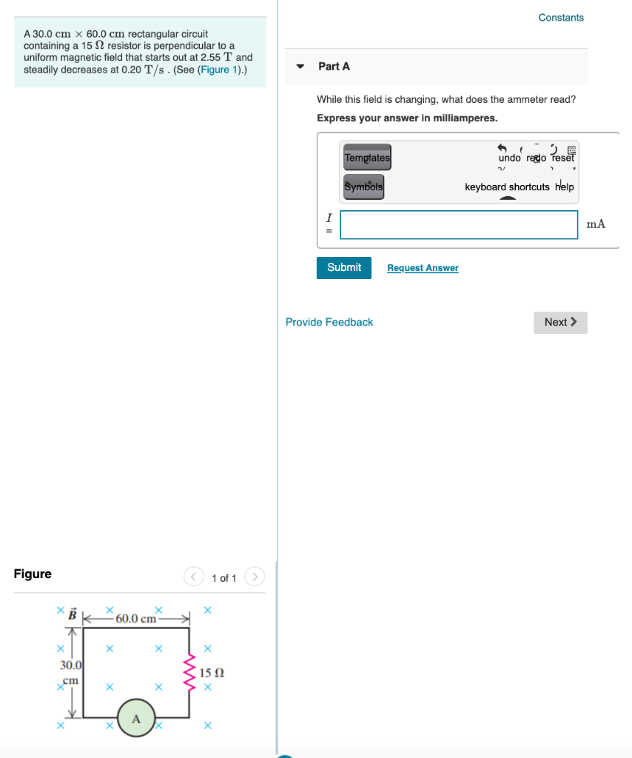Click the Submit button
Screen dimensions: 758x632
coord(343,267)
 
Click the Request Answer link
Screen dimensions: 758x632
coord(423,268)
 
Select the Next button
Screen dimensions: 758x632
coord(560,322)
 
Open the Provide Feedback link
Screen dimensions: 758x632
coord(329,322)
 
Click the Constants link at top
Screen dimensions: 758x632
coord(561,17)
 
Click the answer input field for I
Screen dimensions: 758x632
coord(459,224)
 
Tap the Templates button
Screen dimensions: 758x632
coord(367,158)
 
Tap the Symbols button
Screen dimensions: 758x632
coord(363,187)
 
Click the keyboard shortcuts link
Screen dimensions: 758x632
coord(507,187)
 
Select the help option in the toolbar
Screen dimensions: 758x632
coord(565,187)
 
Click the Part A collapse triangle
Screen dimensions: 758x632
coord(300,67)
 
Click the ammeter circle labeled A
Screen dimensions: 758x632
coord(135,718)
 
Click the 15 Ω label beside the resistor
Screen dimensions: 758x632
coord(212,673)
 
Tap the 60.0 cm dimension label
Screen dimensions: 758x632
coord(137,618)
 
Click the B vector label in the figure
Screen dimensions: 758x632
coord(73,614)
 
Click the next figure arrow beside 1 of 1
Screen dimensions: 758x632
coord(254,577)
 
